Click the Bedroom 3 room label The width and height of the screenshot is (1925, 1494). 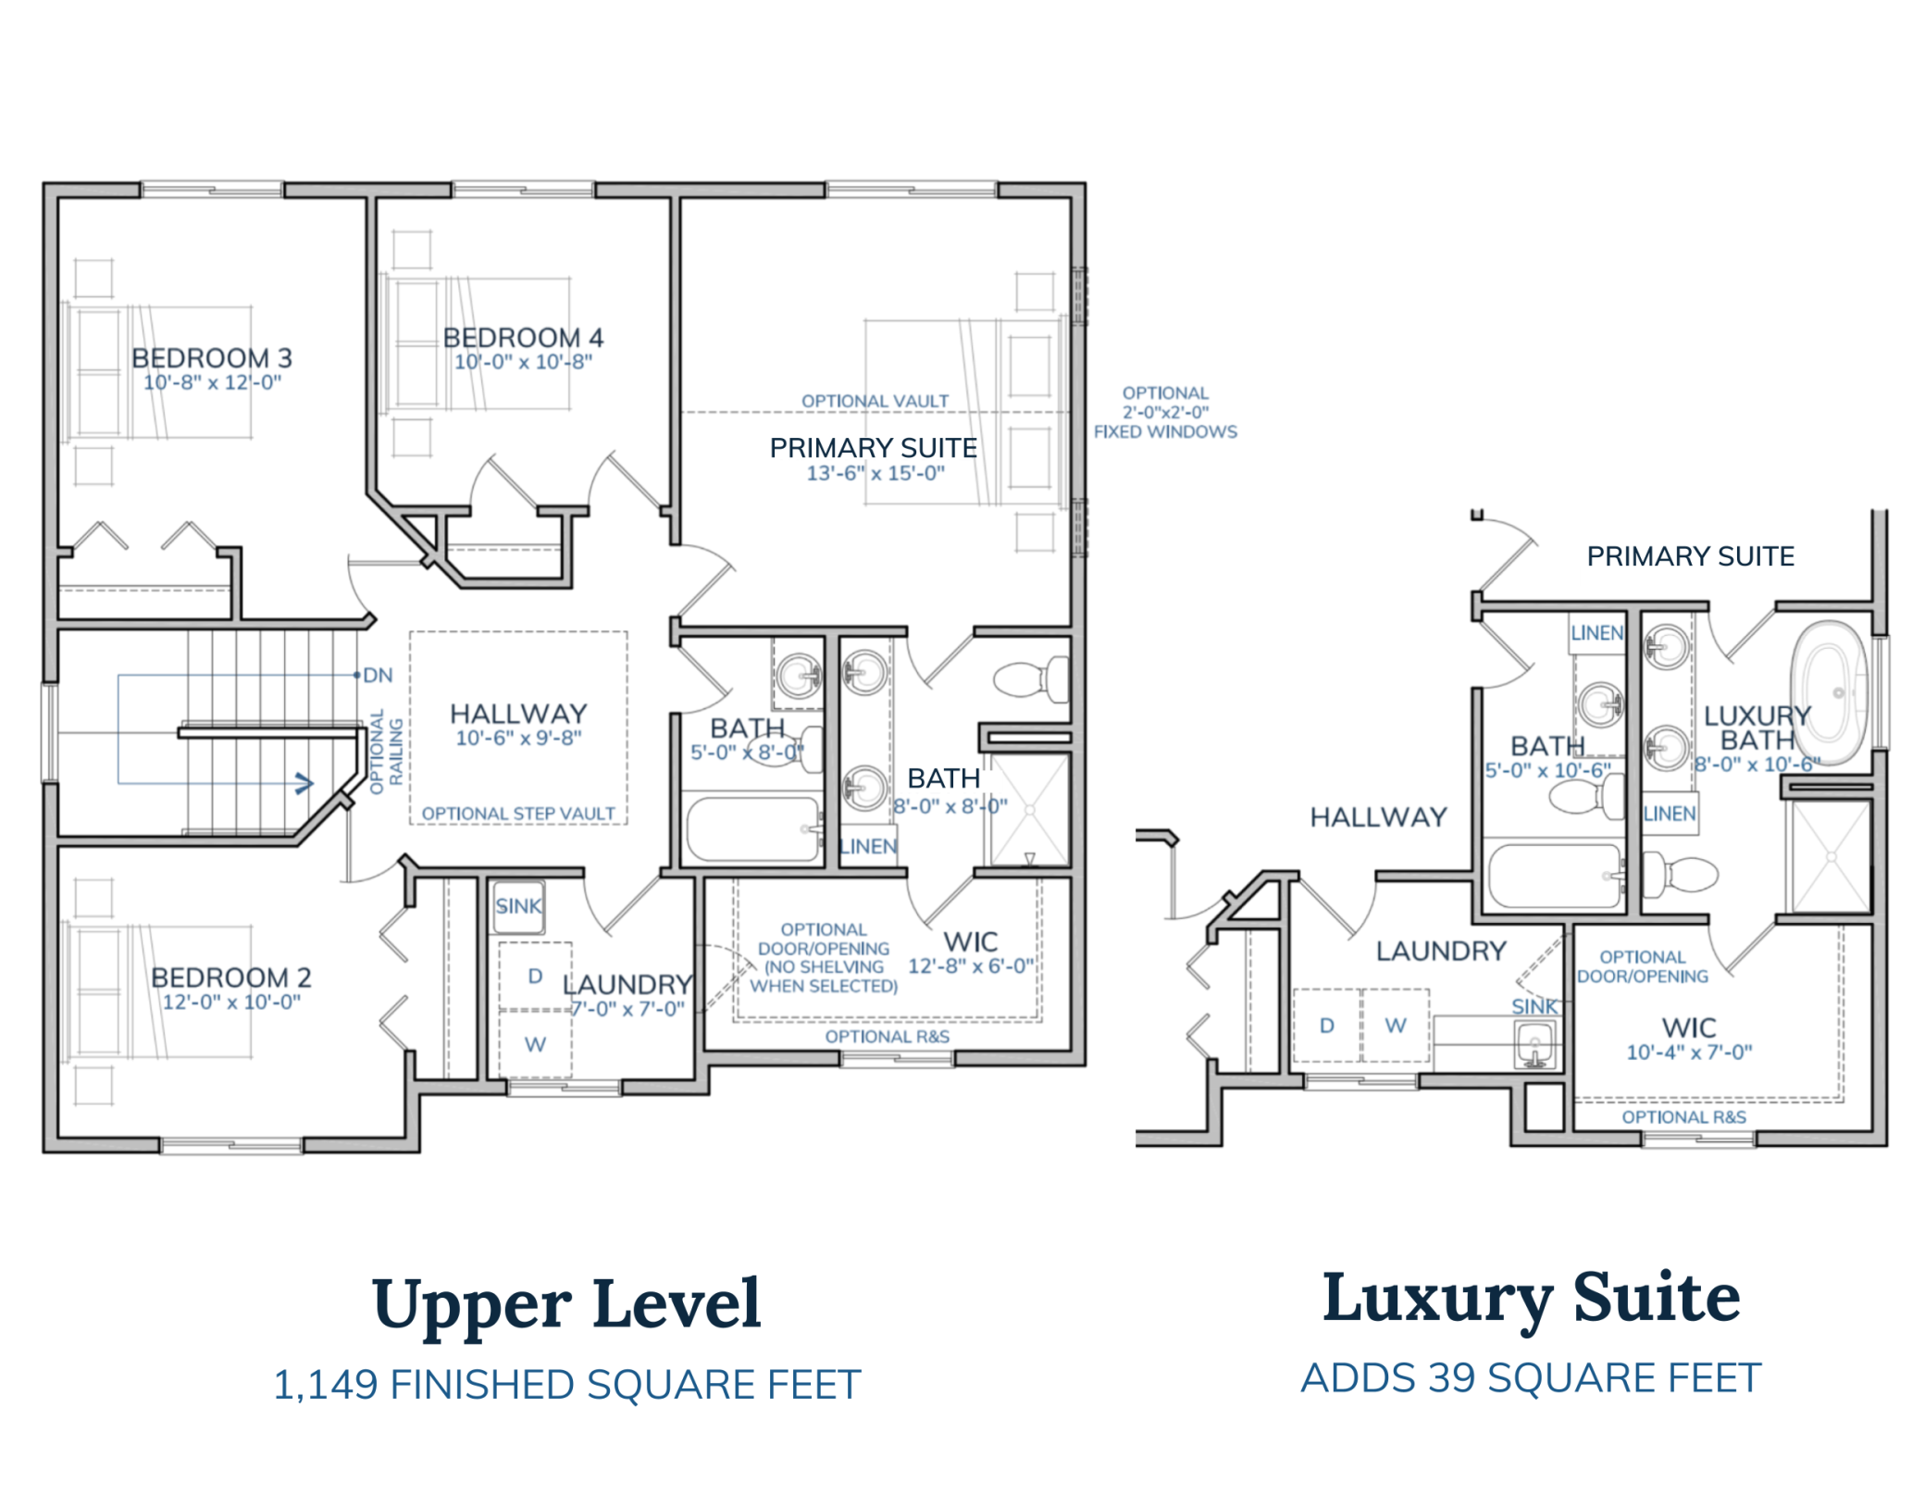211,358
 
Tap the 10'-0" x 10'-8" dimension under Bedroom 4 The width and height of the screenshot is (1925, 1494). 523,362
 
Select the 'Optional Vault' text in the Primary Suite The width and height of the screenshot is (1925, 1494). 875,401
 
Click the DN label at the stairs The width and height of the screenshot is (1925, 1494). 378,676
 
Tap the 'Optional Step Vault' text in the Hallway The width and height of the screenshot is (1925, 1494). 518,814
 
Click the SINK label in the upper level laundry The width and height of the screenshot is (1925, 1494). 517,906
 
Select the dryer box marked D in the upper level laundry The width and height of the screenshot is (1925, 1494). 535,977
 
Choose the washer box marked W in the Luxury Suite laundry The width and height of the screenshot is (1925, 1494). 1396,1026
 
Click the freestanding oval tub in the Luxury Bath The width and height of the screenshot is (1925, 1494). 1829,692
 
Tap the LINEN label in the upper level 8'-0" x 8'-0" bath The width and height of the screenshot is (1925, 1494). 868,846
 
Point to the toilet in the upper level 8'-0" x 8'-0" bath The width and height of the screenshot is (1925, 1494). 1029,680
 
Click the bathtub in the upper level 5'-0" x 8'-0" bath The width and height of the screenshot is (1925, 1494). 752,830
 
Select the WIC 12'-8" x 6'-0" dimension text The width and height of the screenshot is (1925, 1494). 970,966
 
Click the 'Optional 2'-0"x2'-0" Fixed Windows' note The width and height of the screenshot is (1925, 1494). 1165,413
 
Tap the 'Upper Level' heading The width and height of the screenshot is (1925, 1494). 566,1303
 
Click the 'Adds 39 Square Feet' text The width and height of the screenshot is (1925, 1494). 1531,1378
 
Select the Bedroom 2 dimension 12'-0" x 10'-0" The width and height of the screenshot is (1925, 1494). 231,1002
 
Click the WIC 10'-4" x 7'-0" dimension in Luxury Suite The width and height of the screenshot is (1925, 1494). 1689,1052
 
